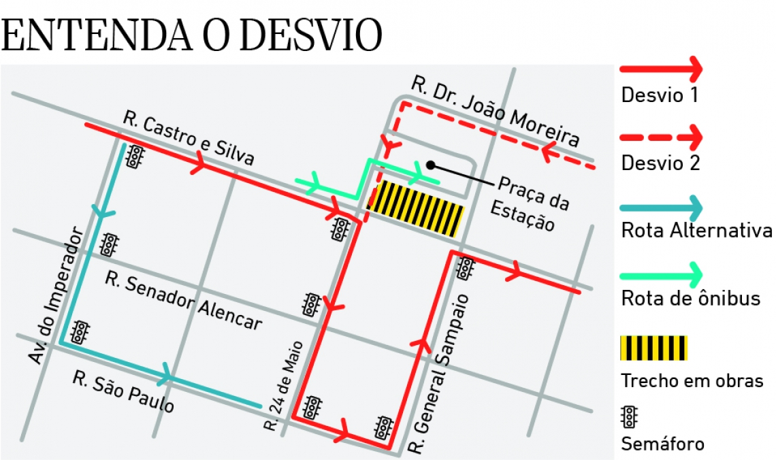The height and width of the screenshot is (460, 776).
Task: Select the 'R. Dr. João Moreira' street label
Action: click(x=496, y=112)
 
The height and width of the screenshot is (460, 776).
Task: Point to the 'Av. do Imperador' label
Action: click(x=57, y=295)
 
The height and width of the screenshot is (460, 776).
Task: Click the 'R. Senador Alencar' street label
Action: click(x=184, y=301)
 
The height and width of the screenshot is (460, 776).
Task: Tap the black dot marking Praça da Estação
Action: click(x=430, y=164)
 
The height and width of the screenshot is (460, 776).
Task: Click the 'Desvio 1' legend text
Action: click(x=660, y=95)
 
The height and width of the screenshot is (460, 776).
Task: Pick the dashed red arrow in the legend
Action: click(x=660, y=137)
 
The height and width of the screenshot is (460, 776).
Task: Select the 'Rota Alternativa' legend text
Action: click(x=696, y=231)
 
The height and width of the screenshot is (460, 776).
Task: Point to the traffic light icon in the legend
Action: click(x=630, y=416)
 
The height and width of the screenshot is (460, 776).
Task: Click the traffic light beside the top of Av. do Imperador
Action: click(x=135, y=157)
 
